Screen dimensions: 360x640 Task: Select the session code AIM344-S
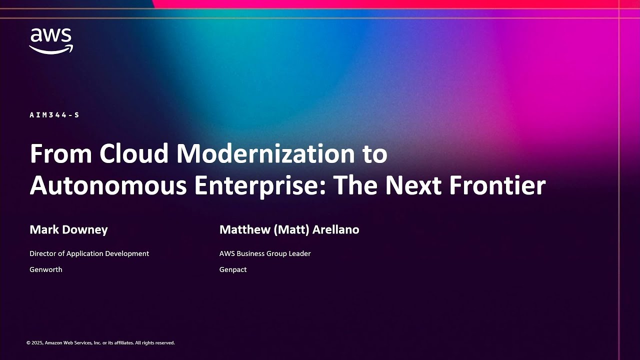click(x=54, y=115)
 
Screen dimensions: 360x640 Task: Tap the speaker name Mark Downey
click(x=68, y=230)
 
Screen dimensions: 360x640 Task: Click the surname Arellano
click(x=335, y=230)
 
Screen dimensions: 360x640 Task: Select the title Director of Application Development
click(x=89, y=253)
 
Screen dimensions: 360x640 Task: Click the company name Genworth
click(x=46, y=269)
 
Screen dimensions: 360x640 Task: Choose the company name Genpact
click(x=233, y=269)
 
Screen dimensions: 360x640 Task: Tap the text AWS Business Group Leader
click(x=265, y=253)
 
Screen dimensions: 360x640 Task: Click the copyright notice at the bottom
click(x=100, y=343)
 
